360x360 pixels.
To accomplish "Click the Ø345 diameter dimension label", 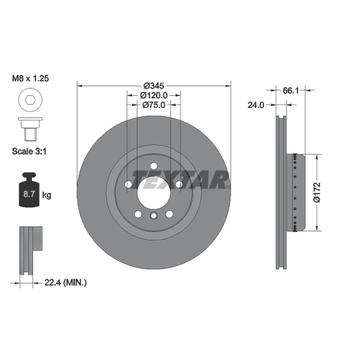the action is (x=154, y=86).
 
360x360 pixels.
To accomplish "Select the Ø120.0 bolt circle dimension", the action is (x=154, y=95).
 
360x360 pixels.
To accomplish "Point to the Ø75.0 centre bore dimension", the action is (x=153, y=105).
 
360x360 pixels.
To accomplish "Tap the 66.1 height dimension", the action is (x=291, y=90).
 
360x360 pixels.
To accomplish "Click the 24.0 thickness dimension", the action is (x=256, y=105).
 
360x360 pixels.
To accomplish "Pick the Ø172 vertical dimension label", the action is (x=317, y=193).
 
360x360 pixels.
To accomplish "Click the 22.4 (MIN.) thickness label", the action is (x=65, y=283).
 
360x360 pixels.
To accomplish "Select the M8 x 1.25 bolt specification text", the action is (x=31, y=78).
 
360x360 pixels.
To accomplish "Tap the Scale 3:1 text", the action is (x=29, y=151).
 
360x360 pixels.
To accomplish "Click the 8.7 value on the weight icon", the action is (x=29, y=194).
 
